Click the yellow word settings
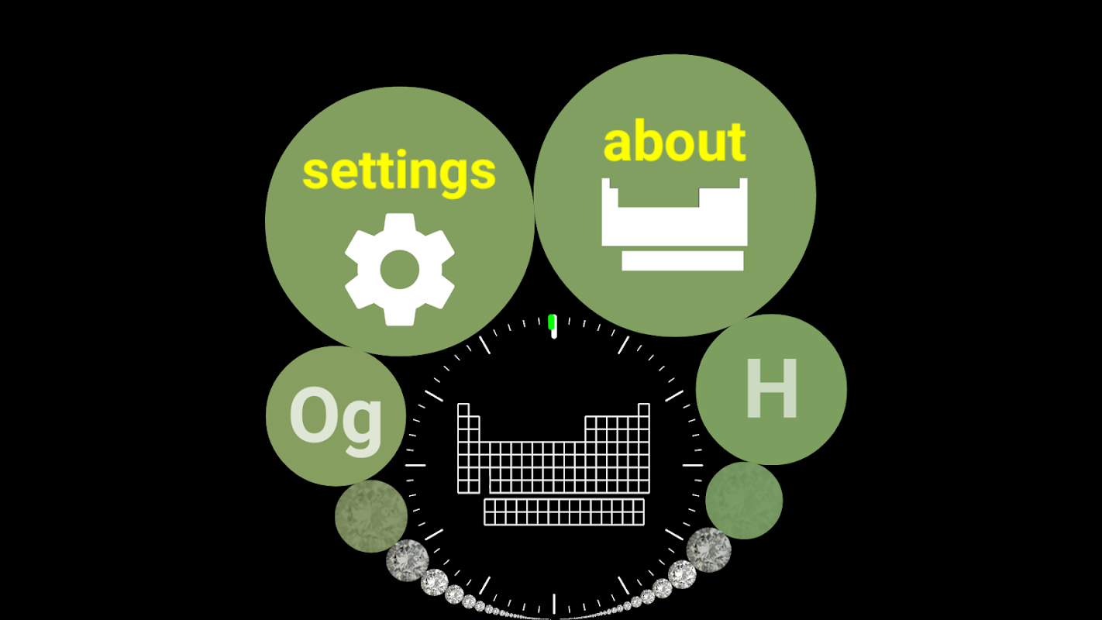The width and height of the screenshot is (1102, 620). [399, 172]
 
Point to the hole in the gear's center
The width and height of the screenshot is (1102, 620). [400, 269]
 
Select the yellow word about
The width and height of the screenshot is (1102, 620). [674, 142]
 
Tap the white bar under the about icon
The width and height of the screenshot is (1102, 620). [682, 260]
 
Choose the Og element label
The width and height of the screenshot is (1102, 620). [336, 418]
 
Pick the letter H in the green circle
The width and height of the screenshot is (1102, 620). [771, 390]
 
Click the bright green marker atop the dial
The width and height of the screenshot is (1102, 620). [552, 322]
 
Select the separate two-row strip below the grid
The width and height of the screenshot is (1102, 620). [564, 511]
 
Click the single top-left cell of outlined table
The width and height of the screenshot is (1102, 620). [463, 409]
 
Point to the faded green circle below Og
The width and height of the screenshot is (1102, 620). [371, 516]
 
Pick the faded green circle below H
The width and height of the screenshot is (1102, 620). [744, 501]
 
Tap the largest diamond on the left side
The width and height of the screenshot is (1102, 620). [408, 560]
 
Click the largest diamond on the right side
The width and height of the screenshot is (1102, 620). [709, 549]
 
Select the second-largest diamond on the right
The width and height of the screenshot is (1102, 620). [682, 574]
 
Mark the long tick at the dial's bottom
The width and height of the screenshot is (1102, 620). [553, 603]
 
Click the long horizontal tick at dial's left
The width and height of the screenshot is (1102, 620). [415, 465]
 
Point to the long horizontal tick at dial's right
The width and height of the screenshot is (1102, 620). [692, 465]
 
